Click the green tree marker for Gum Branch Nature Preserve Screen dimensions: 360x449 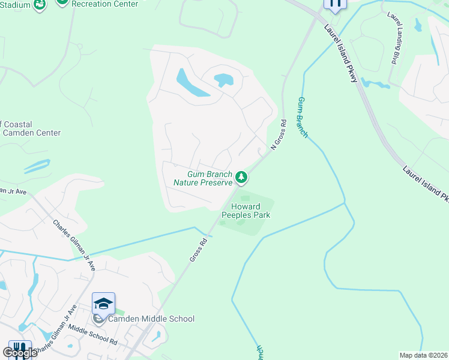point(241,176)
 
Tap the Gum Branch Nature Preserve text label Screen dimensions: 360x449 point(202,178)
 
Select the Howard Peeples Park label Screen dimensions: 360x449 point(246,211)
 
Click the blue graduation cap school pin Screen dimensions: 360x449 point(103,304)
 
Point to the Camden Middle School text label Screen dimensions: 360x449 point(151,319)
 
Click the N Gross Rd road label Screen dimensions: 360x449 point(279,134)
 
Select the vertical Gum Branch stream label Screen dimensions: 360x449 point(302,118)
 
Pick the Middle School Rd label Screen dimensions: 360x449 point(92,334)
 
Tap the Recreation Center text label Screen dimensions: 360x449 point(104,4)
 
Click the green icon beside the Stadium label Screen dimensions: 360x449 point(40,5)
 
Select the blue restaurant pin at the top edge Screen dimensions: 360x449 point(335,5)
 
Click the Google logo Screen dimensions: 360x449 point(19,353)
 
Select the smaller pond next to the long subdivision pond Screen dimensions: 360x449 point(223,79)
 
